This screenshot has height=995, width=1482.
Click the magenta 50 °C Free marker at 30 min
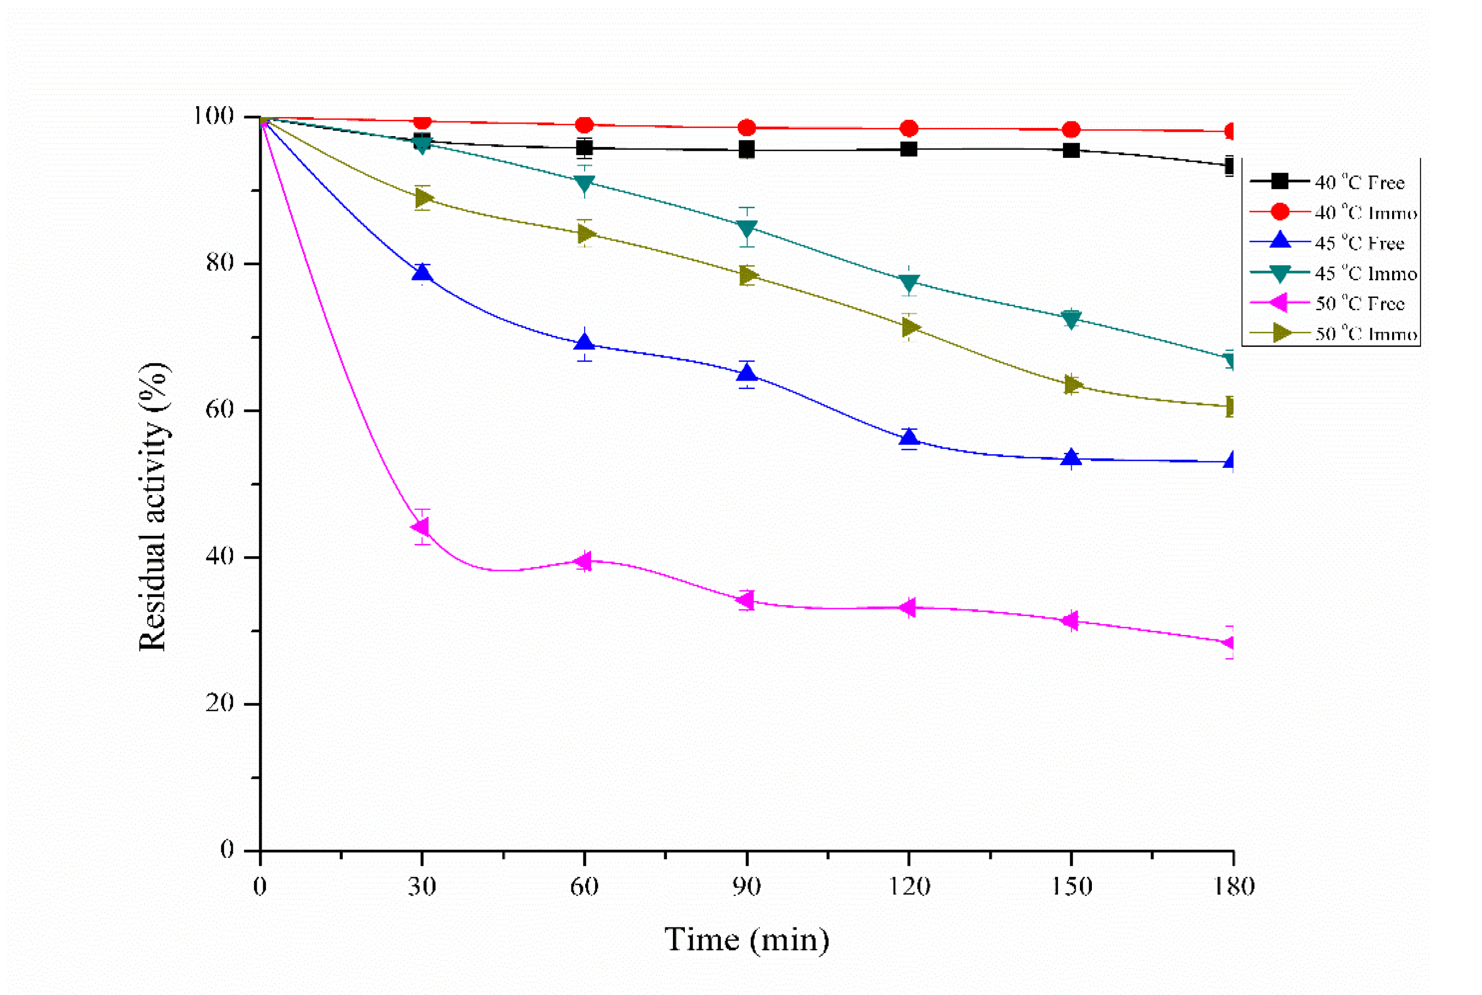421,527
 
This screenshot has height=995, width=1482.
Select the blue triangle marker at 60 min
585,343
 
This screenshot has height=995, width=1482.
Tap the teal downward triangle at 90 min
747,227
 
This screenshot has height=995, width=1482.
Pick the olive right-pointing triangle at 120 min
909,327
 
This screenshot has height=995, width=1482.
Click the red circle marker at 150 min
1071,130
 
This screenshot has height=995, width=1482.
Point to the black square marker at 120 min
909,149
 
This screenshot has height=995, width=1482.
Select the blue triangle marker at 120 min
909,437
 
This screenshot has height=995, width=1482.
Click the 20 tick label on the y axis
220,703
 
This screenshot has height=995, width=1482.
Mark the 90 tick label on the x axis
746,887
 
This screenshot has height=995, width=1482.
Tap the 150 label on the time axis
1071,887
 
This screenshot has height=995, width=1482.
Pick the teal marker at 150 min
1071,319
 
